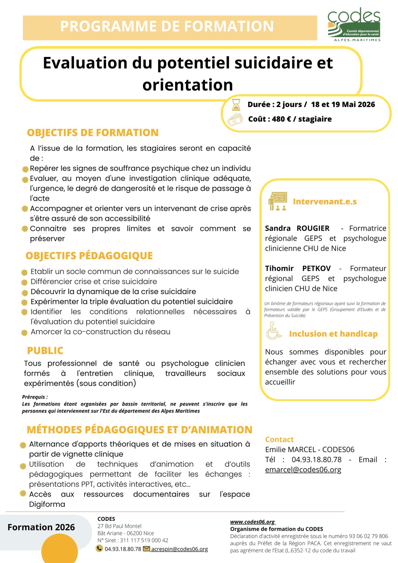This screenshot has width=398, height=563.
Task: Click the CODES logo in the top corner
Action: coord(354,25)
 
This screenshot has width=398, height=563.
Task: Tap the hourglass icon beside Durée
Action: coord(236,105)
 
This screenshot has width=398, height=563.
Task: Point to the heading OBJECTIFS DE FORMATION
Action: coord(93,133)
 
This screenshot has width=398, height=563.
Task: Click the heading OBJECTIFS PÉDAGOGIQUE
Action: coord(89,256)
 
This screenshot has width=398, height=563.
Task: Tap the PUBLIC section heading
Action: coord(45,350)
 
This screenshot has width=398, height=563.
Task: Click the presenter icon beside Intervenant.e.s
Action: coord(278,201)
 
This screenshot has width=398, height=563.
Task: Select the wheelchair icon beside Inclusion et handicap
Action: coord(274,331)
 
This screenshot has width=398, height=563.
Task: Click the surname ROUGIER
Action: coord(313,228)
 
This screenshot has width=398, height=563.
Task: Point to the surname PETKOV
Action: coord(316,268)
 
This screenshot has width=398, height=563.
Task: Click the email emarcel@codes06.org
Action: coord(303,470)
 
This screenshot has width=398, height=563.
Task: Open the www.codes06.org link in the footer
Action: coord(252,522)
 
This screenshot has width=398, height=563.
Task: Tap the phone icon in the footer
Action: coord(99,548)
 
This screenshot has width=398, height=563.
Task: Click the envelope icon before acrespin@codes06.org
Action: coord(146,548)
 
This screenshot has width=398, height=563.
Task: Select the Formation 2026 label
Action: coord(41,527)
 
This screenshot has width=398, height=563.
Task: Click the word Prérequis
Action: coord(34,397)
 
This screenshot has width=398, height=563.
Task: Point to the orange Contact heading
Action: coord(279,439)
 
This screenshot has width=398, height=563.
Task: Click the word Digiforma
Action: coord(47,504)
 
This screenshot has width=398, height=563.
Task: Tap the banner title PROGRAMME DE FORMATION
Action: coord(167,26)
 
